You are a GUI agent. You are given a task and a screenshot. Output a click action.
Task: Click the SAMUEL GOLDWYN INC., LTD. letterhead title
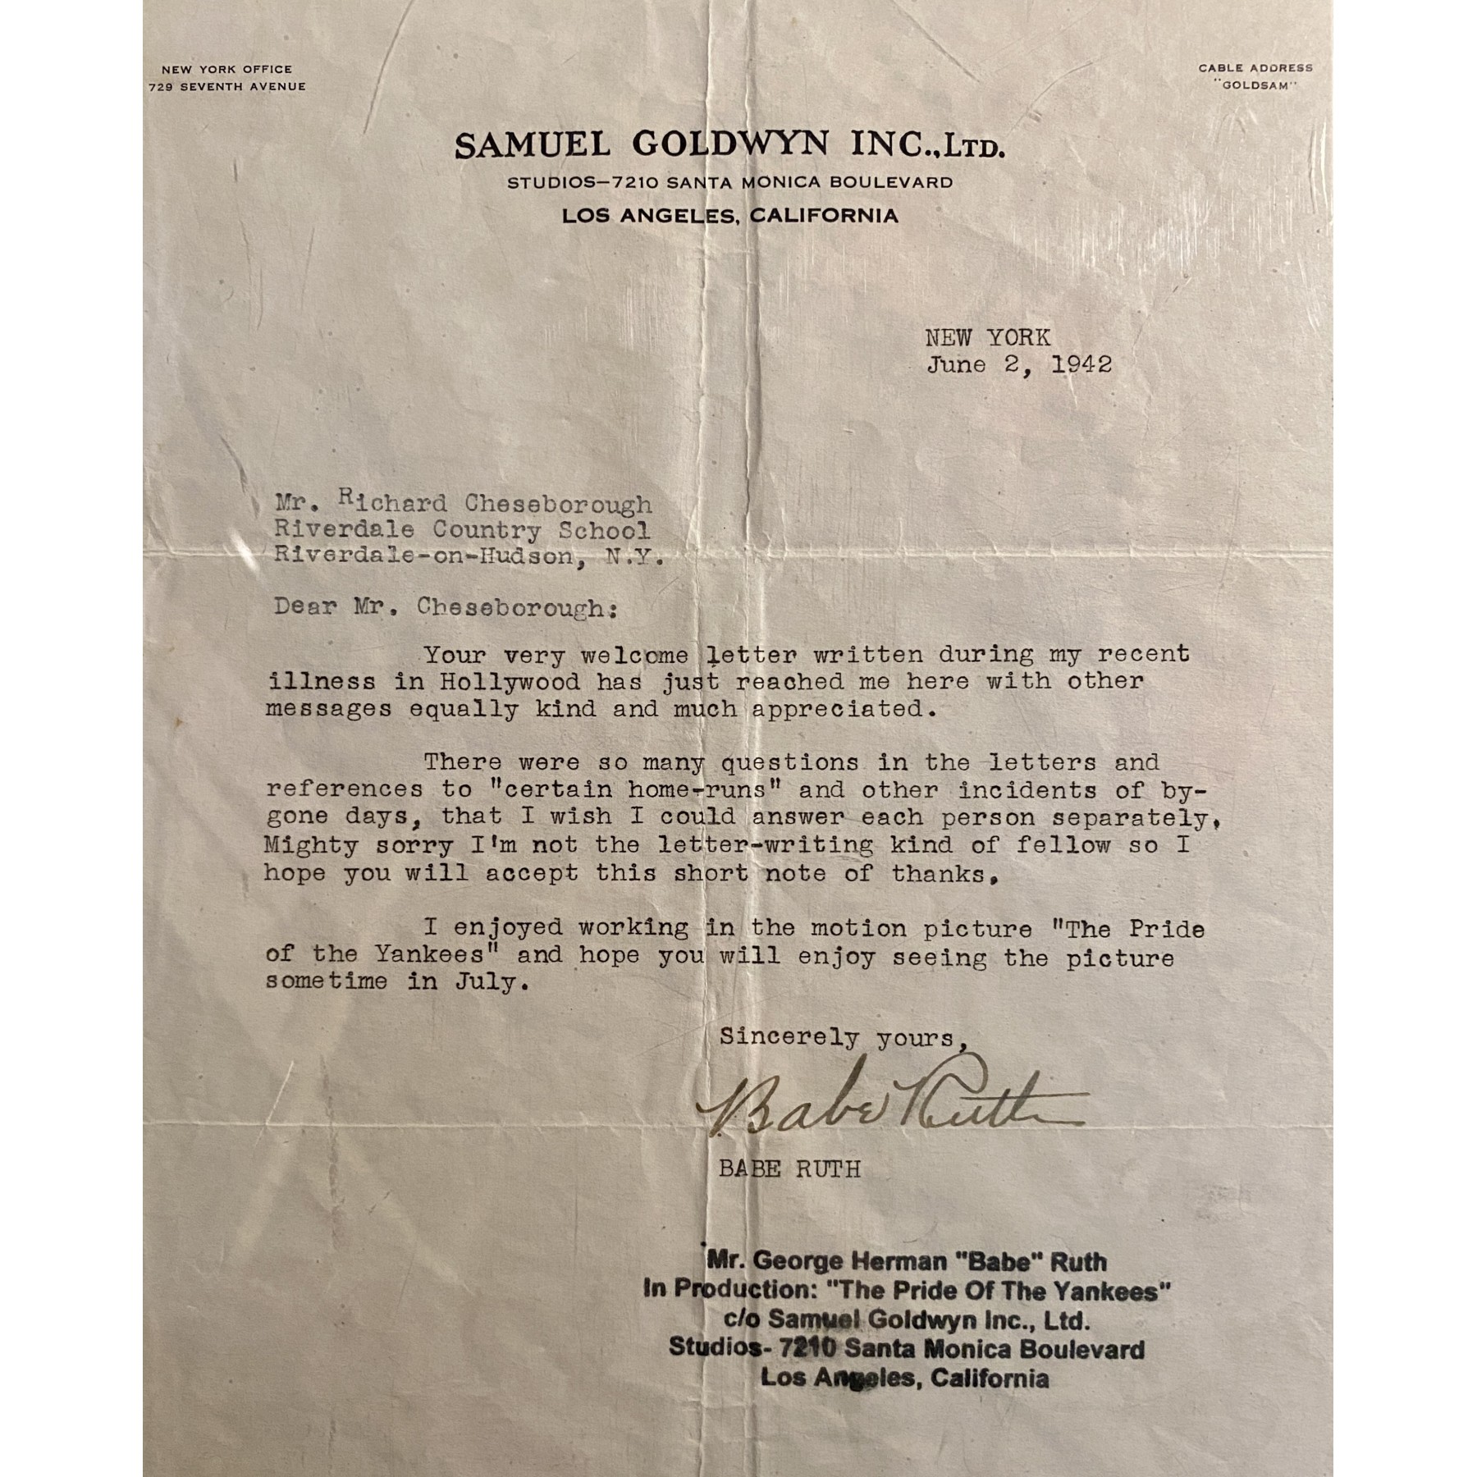(729, 145)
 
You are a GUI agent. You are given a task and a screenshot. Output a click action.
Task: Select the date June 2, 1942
(1019, 365)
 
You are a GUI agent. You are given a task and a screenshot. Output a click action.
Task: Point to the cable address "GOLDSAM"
(1255, 85)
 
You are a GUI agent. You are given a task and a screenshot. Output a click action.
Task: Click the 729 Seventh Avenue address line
(227, 86)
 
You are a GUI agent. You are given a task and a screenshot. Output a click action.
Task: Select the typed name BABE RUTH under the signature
(789, 1168)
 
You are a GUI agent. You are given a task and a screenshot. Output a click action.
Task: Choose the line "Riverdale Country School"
(462, 530)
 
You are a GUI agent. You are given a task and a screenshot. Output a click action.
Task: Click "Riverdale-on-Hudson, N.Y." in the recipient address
(468, 556)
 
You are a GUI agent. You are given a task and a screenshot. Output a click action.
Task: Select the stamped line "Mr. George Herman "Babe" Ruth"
(906, 1261)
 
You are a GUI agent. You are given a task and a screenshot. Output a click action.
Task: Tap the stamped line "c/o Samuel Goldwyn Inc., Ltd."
(906, 1320)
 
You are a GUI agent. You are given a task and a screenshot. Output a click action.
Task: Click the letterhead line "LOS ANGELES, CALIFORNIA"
(729, 216)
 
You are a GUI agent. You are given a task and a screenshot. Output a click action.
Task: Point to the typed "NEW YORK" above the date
(988, 337)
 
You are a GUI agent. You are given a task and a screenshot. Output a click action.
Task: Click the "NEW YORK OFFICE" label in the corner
(226, 69)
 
